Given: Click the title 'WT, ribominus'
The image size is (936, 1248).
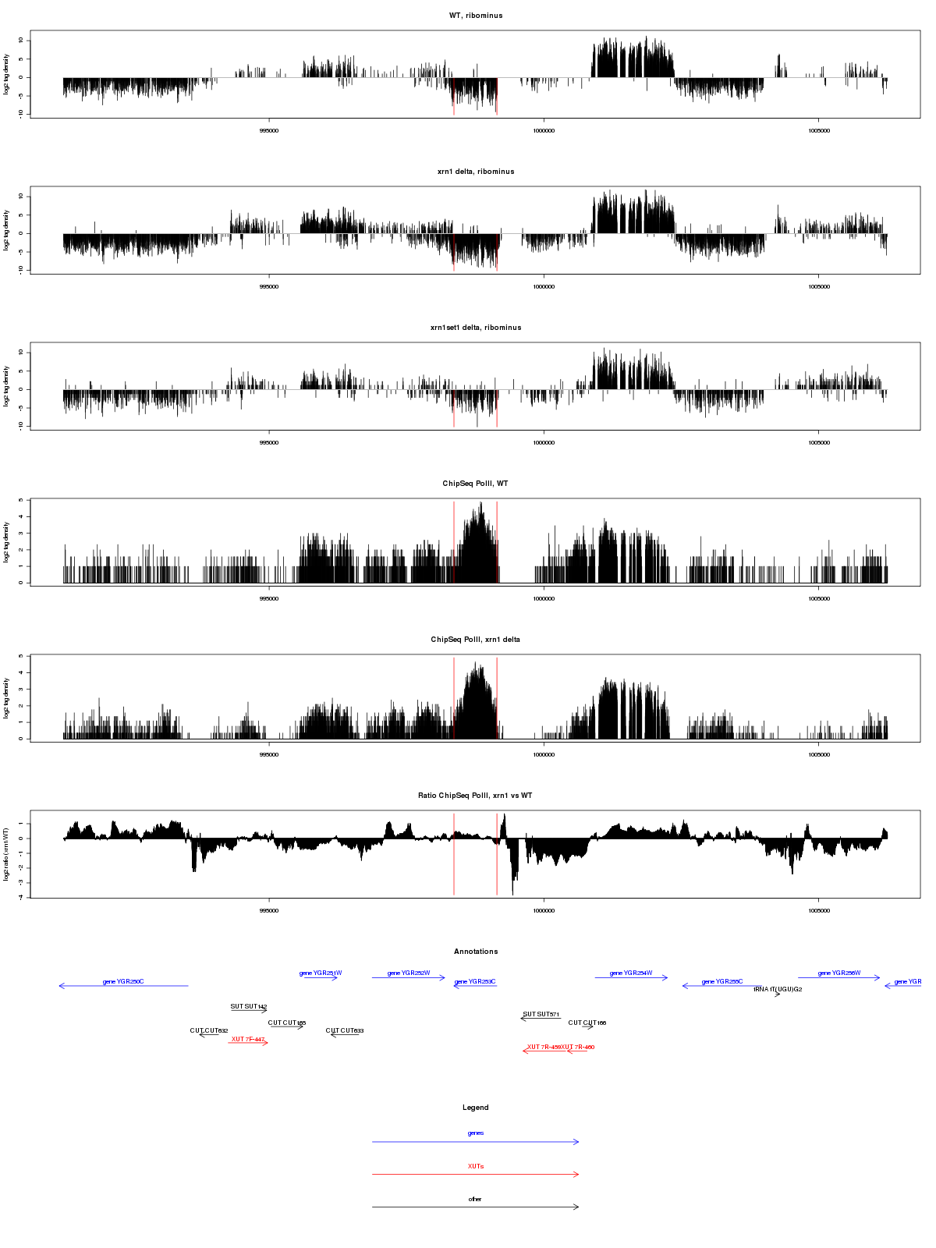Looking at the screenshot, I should [476, 16].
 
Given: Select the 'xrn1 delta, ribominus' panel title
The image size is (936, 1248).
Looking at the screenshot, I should [476, 172].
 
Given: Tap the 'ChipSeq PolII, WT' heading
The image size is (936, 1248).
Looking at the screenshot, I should [476, 484].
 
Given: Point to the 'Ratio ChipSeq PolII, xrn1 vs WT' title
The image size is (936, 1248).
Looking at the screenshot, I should [476, 796].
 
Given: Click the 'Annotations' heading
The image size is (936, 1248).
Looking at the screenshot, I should [476, 952].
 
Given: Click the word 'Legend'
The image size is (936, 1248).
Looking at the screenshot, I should [476, 1108].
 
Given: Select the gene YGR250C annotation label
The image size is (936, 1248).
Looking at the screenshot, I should [123, 981].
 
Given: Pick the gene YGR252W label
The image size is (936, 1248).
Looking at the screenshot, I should [409, 973].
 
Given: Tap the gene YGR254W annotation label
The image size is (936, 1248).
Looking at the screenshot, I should [631, 973].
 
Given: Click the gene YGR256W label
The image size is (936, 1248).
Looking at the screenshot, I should [839, 973].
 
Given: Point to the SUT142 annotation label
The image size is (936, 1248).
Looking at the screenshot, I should [249, 1006].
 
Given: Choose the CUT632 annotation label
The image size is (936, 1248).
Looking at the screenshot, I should [209, 1030].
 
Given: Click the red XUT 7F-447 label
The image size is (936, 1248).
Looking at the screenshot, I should [248, 1039].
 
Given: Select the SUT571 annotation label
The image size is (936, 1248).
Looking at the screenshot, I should [541, 1014].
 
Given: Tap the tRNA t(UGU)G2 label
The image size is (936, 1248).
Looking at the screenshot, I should [778, 989].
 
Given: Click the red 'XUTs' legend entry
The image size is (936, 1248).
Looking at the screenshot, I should [476, 1166].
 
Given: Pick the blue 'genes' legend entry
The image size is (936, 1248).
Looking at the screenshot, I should [476, 1133].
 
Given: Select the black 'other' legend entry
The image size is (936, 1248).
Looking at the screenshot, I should [476, 1199].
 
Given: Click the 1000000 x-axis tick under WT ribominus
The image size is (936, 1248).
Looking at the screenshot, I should [544, 130].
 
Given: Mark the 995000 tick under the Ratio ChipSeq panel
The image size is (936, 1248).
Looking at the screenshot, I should [269, 910].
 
